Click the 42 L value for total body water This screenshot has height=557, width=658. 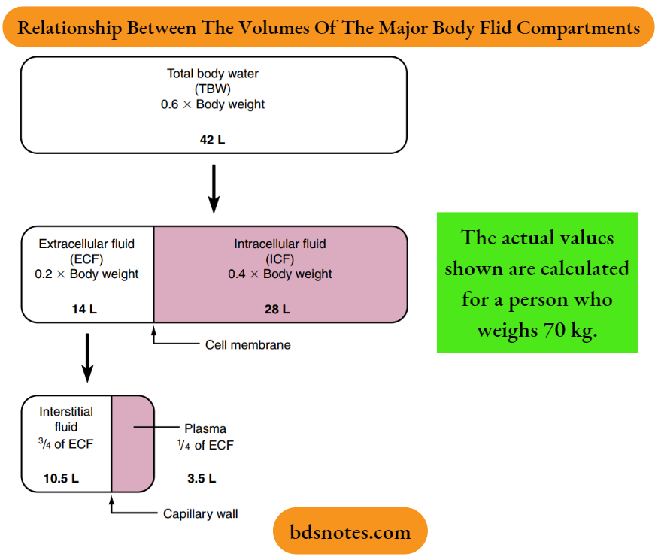[x=213, y=138]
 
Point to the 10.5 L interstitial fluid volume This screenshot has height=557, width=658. [x=61, y=478]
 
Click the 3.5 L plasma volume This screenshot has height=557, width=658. [x=201, y=478]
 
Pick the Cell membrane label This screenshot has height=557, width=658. [x=247, y=345]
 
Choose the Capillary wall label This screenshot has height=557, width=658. [x=201, y=514]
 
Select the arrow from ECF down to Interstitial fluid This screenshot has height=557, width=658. [x=87, y=357]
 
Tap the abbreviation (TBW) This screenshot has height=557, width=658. [x=213, y=89]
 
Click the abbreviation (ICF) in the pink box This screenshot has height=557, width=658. [x=280, y=259]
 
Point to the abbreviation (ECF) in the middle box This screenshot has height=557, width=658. [x=86, y=259]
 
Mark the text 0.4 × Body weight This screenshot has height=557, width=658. [x=280, y=274]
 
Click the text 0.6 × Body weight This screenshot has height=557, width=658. [x=213, y=104]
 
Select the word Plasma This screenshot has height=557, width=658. [x=205, y=429]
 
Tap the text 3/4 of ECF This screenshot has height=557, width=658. [x=66, y=443]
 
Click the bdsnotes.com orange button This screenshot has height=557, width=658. [x=350, y=532]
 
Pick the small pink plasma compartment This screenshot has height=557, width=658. [x=132, y=443]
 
